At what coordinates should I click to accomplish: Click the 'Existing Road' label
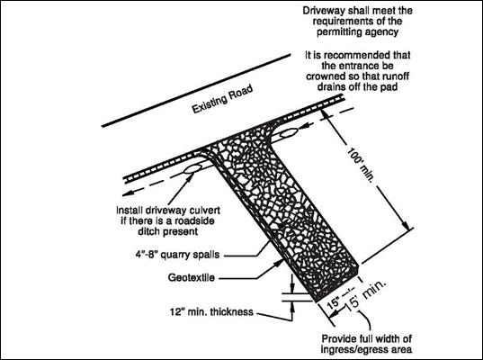point(222,99)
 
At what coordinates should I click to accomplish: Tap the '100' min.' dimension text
point(361,165)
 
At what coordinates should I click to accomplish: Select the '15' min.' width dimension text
point(365,296)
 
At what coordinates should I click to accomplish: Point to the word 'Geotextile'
point(192,278)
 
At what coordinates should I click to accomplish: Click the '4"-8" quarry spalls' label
point(178,255)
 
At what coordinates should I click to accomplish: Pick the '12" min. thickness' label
point(211,311)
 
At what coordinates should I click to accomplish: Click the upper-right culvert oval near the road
point(289,133)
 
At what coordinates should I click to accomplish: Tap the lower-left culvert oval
point(192,168)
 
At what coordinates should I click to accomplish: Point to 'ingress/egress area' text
point(366,349)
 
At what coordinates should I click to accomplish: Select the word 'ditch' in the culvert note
point(148,231)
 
